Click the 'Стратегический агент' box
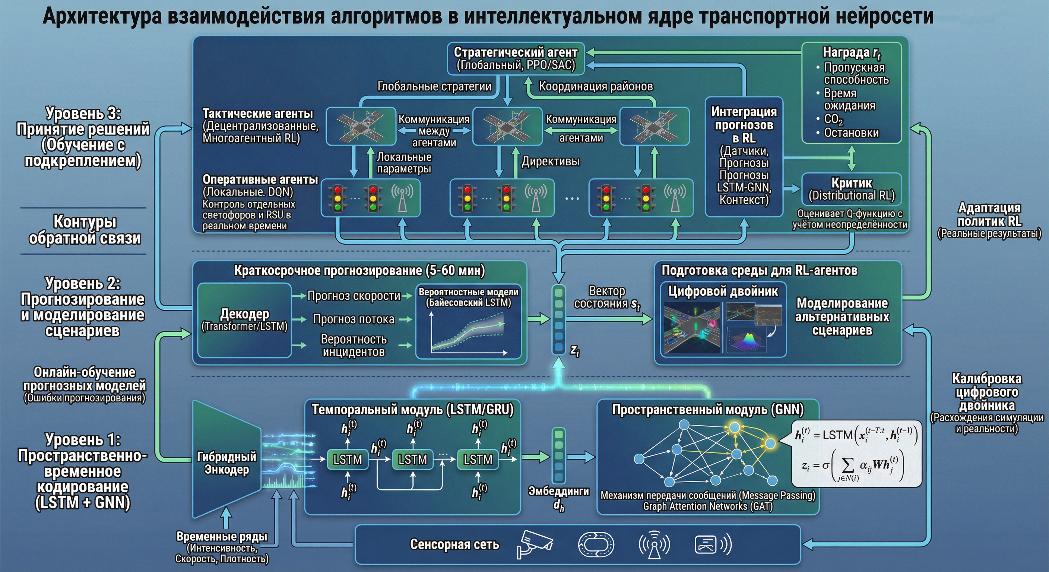(x=516, y=58)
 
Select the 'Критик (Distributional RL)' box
(x=852, y=189)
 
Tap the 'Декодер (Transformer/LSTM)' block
(x=244, y=320)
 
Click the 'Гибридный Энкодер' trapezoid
(x=226, y=463)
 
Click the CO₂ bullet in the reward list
(x=833, y=119)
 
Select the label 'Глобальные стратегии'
(x=434, y=86)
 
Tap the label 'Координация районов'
(x=595, y=86)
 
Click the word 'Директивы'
(x=551, y=161)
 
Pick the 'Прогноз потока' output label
(x=354, y=319)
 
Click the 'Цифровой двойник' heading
(x=723, y=291)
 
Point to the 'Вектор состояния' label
(x=607, y=297)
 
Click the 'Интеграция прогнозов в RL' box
(x=744, y=157)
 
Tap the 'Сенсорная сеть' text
(x=454, y=544)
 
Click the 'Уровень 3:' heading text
(x=83, y=113)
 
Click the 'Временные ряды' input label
(x=222, y=536)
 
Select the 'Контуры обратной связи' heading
(x=85, y=230)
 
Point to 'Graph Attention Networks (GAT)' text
(x=708, y=506)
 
